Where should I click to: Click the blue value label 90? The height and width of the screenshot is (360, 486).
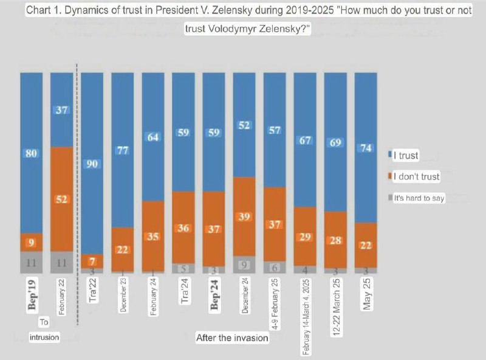pyautogui.click(x=92, y=163)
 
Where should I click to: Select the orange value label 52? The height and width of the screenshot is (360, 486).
pyautogui.click(x=62, y=199)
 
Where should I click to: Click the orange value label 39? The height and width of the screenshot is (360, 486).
pyautogui.click(x=244, y=216)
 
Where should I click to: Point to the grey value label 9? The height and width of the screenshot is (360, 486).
pyautogui.click(x=244, y=265)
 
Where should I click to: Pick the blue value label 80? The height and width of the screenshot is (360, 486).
pyautogui.click(x=32, y=153)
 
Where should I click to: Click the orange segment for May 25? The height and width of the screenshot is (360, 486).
pyautogui.click(x=366, y=245)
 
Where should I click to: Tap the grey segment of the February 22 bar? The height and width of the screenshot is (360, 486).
pyautogui.click(x=62, y=261)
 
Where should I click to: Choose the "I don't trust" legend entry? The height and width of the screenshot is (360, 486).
pyautogui.click(x=416, y=177)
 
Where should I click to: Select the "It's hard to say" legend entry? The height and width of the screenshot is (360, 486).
pyautogui.click(x=419, y=198)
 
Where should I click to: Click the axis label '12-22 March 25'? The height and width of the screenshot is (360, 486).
pyautogui.click(x=335, y=298)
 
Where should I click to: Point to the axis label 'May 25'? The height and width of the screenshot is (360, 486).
pyautogui.click(x=366, y=295)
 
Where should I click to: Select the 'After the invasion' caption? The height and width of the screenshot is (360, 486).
pyautogui.click(x=232, y=337)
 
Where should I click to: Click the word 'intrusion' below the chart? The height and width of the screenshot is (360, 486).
pyautogui.click(x=44, y=337)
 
